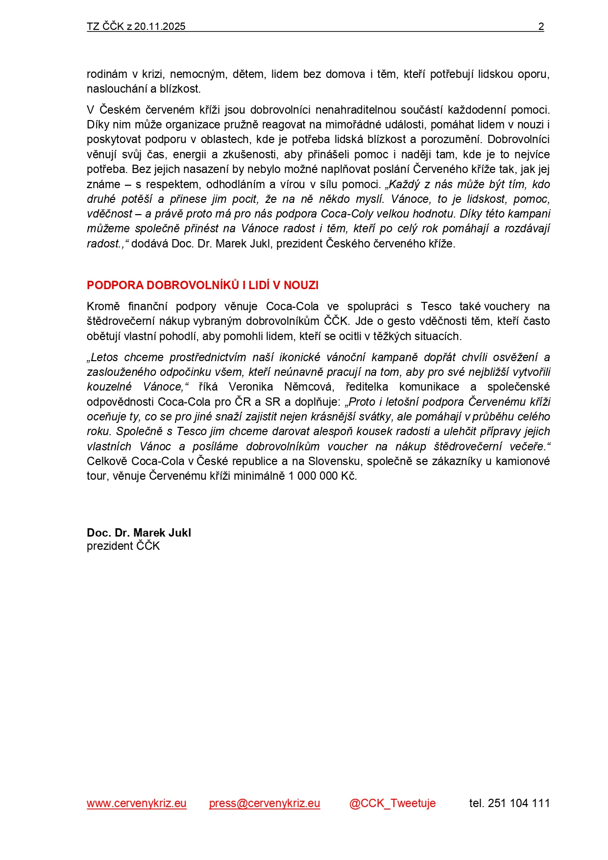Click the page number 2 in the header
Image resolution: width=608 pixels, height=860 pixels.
click(541, 26)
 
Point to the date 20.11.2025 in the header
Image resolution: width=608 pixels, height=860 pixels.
click(160, 26)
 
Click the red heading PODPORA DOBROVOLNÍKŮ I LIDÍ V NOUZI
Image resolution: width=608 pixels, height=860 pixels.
click(202, 285)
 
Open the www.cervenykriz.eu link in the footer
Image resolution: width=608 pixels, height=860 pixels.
click(137, 803)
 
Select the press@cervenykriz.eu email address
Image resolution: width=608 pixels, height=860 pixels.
click(265, 803)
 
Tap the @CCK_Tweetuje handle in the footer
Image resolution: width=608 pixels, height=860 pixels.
click(392, 803)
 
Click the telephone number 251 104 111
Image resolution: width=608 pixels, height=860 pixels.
click(519, 803)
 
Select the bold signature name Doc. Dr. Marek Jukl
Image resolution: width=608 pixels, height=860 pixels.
click(139, 533)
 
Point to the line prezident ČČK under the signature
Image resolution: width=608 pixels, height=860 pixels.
click(123, 546)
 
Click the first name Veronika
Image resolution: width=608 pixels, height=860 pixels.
click(250, 387)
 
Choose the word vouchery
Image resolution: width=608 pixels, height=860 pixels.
click(507, 306)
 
